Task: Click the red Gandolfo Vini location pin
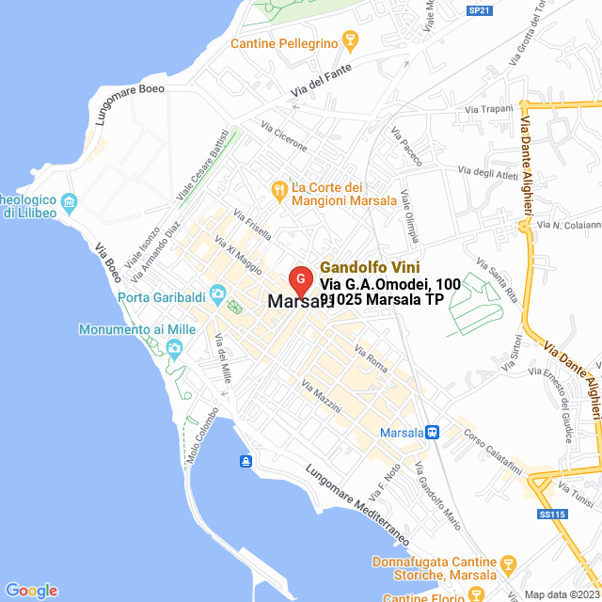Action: coord(300,279)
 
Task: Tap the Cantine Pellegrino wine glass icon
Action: coord(351,40)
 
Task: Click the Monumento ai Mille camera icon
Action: coord(174,349)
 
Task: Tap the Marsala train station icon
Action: coord(432,433)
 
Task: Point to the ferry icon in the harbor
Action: coord(246,460)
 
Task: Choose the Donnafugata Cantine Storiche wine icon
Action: coord(508,565)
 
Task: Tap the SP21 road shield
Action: coord(479,10)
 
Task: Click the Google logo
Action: coord(31,591)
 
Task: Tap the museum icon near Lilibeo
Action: coord(68,202)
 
